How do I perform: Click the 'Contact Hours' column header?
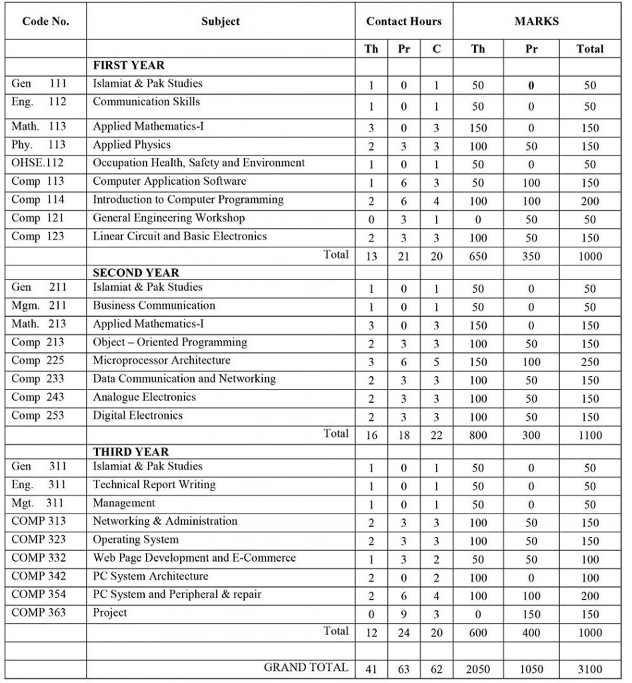[x=403, y=21]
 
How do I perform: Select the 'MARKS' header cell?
[x=536, y=21]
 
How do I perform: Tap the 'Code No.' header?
[x=45, y=21]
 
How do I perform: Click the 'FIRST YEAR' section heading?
[x=129, y=65]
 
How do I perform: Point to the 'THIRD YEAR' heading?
[x=131, y=452]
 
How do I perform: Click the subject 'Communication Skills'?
[x=146, y=102]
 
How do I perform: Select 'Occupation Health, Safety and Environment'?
[x=199, y=163]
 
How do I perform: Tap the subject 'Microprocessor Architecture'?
[x=161, y=360]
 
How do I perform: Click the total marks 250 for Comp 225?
[x=589, y=362]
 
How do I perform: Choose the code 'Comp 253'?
[x=38, y=416]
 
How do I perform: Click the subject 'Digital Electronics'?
[x=137, y=416]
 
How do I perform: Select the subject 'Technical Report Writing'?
[x=154, y=485]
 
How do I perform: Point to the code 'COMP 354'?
[x=39, y=594]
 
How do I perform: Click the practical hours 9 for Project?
[x=403, y=614]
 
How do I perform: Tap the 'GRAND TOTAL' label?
[x=306, y=667]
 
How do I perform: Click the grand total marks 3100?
[x=589, y=668]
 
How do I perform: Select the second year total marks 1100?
[x=589, y=435]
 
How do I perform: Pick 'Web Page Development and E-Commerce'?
[x=194, y=558]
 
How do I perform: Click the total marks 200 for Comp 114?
[x=589, y=201]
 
